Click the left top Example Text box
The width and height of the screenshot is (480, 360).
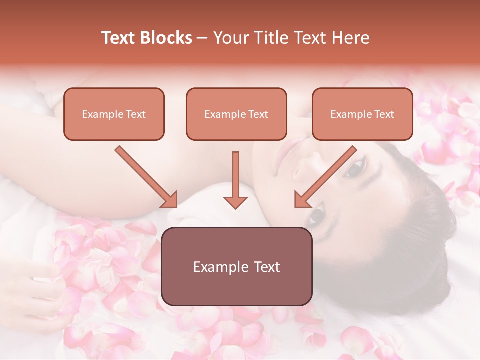(114, 114)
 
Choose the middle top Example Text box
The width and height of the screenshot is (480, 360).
(236, 114)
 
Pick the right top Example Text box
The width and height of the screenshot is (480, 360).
(362, 114)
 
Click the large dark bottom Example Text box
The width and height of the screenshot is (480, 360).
(237, 266)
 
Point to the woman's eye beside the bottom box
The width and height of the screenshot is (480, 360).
(317, 216)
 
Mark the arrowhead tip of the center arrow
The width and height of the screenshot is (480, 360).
(235, 208)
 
